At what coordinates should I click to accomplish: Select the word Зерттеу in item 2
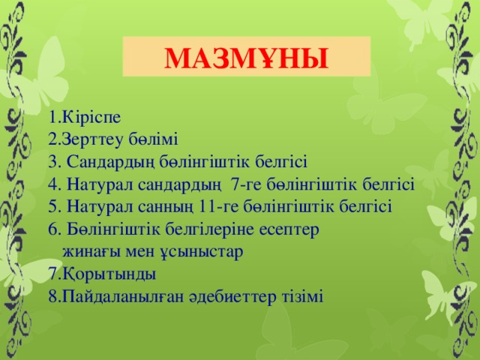tap(94, 139)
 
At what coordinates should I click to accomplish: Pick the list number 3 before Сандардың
tap(51, 161)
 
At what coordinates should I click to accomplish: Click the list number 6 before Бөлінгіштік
tap(51, 228)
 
